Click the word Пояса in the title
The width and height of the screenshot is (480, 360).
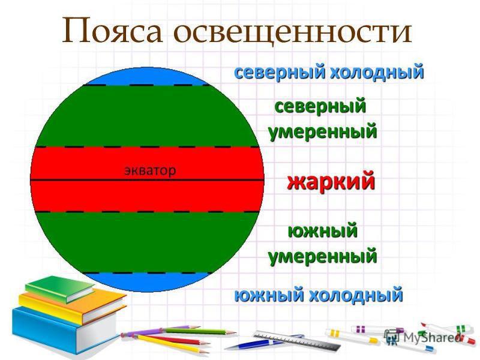click(112, 31)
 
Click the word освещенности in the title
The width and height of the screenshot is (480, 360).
click(292, 32)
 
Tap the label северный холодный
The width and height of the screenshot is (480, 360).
click(329, 72)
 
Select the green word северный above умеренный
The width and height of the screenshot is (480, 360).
click(320, 107)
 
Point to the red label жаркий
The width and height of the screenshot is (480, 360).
click(331, 181)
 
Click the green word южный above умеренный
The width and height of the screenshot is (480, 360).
click(323, 231)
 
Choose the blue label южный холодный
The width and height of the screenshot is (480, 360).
click(319, 295)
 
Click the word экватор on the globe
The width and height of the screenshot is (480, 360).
click(150, 170)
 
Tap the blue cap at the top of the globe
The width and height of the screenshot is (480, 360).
click(147, 77)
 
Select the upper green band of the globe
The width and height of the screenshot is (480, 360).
click(147, 116)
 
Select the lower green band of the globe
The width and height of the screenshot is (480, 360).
click(147, 242)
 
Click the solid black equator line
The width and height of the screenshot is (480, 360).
click(147, 181)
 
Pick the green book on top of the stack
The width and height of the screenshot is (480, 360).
click(59, 289)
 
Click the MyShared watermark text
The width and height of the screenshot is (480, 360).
click(431, 338)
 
